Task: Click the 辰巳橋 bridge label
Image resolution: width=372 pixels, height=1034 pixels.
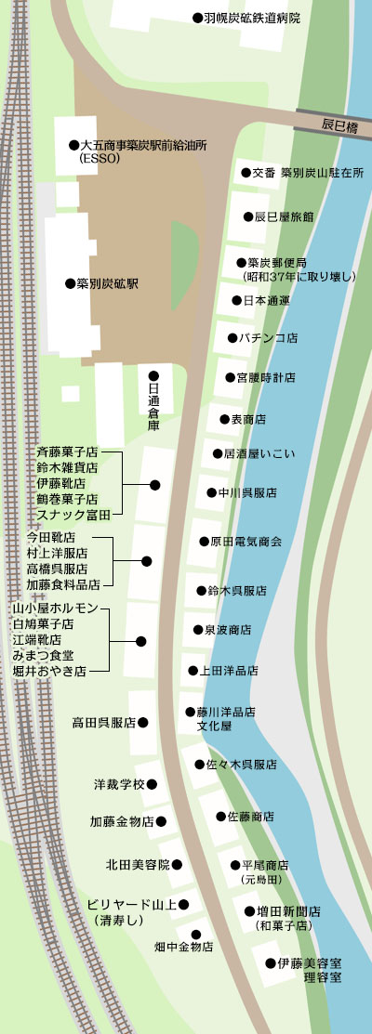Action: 340,125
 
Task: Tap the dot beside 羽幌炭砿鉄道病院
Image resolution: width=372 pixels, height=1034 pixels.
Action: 198,19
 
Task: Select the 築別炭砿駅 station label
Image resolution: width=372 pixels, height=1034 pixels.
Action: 106,284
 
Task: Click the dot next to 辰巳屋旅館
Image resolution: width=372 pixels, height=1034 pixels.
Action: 248,216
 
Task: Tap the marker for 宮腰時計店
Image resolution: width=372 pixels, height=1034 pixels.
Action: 231,378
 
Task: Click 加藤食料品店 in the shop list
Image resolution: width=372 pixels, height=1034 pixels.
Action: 63,584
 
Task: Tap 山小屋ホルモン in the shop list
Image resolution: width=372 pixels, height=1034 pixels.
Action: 56,608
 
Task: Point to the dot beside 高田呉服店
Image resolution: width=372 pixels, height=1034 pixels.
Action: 143,723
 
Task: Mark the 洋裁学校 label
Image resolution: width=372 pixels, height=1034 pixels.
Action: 119,785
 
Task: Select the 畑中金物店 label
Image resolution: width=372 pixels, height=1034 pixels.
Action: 184,947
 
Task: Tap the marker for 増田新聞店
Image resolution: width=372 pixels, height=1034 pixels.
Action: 249,912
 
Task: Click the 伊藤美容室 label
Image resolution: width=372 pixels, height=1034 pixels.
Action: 309,963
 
